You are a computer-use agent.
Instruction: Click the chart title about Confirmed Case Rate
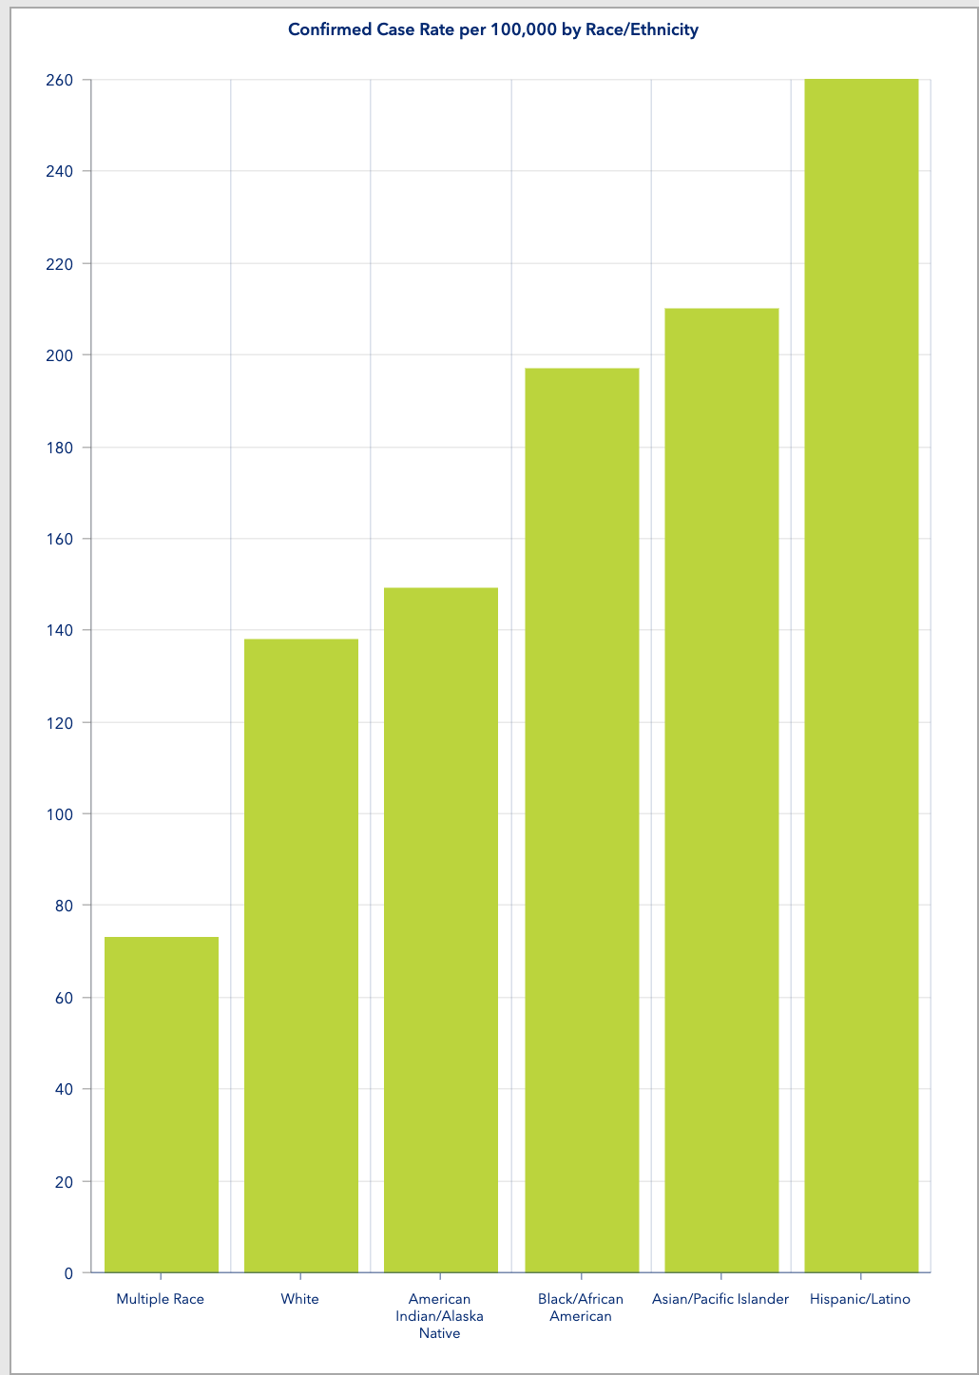(492, 29)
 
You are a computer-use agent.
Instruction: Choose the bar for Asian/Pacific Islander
(721, 790)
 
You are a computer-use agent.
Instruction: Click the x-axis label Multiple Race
(160, 1299)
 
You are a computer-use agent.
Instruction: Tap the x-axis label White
(300, 1299)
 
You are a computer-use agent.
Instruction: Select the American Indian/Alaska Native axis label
(439, 1316)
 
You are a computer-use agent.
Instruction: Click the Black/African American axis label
(581, 1308)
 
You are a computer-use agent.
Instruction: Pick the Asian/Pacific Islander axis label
(720, 1299)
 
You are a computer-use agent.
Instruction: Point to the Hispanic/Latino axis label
(860, 1299)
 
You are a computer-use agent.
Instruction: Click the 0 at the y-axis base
(68, 1273)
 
